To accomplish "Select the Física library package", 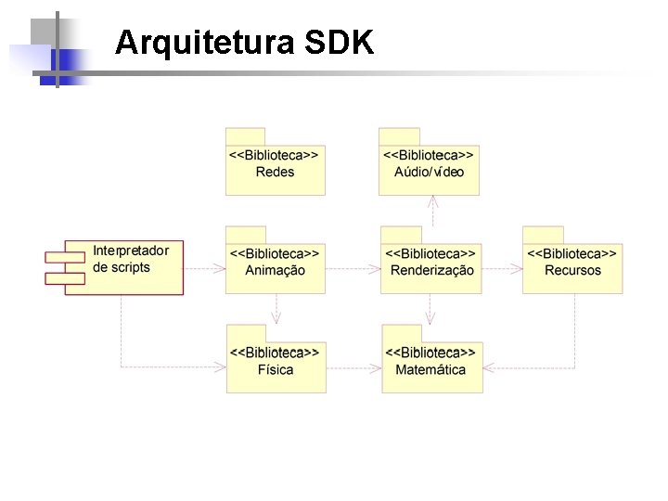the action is [x=276, y=366].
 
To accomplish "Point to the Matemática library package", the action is [x=431, y=366].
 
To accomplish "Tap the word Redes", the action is [x=276, y=173].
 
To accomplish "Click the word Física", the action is [x=276, y=370].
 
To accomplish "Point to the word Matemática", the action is [x=431, y=370].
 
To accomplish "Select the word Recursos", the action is [x=572, y=271].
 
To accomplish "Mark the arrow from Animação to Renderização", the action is [x=353, y=269].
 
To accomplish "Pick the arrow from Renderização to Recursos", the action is [x=501, y=269].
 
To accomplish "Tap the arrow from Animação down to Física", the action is [x=276, y=309].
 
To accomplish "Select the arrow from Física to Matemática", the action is [x=353, y=367].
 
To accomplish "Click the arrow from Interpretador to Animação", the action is [x=204, y=269].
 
